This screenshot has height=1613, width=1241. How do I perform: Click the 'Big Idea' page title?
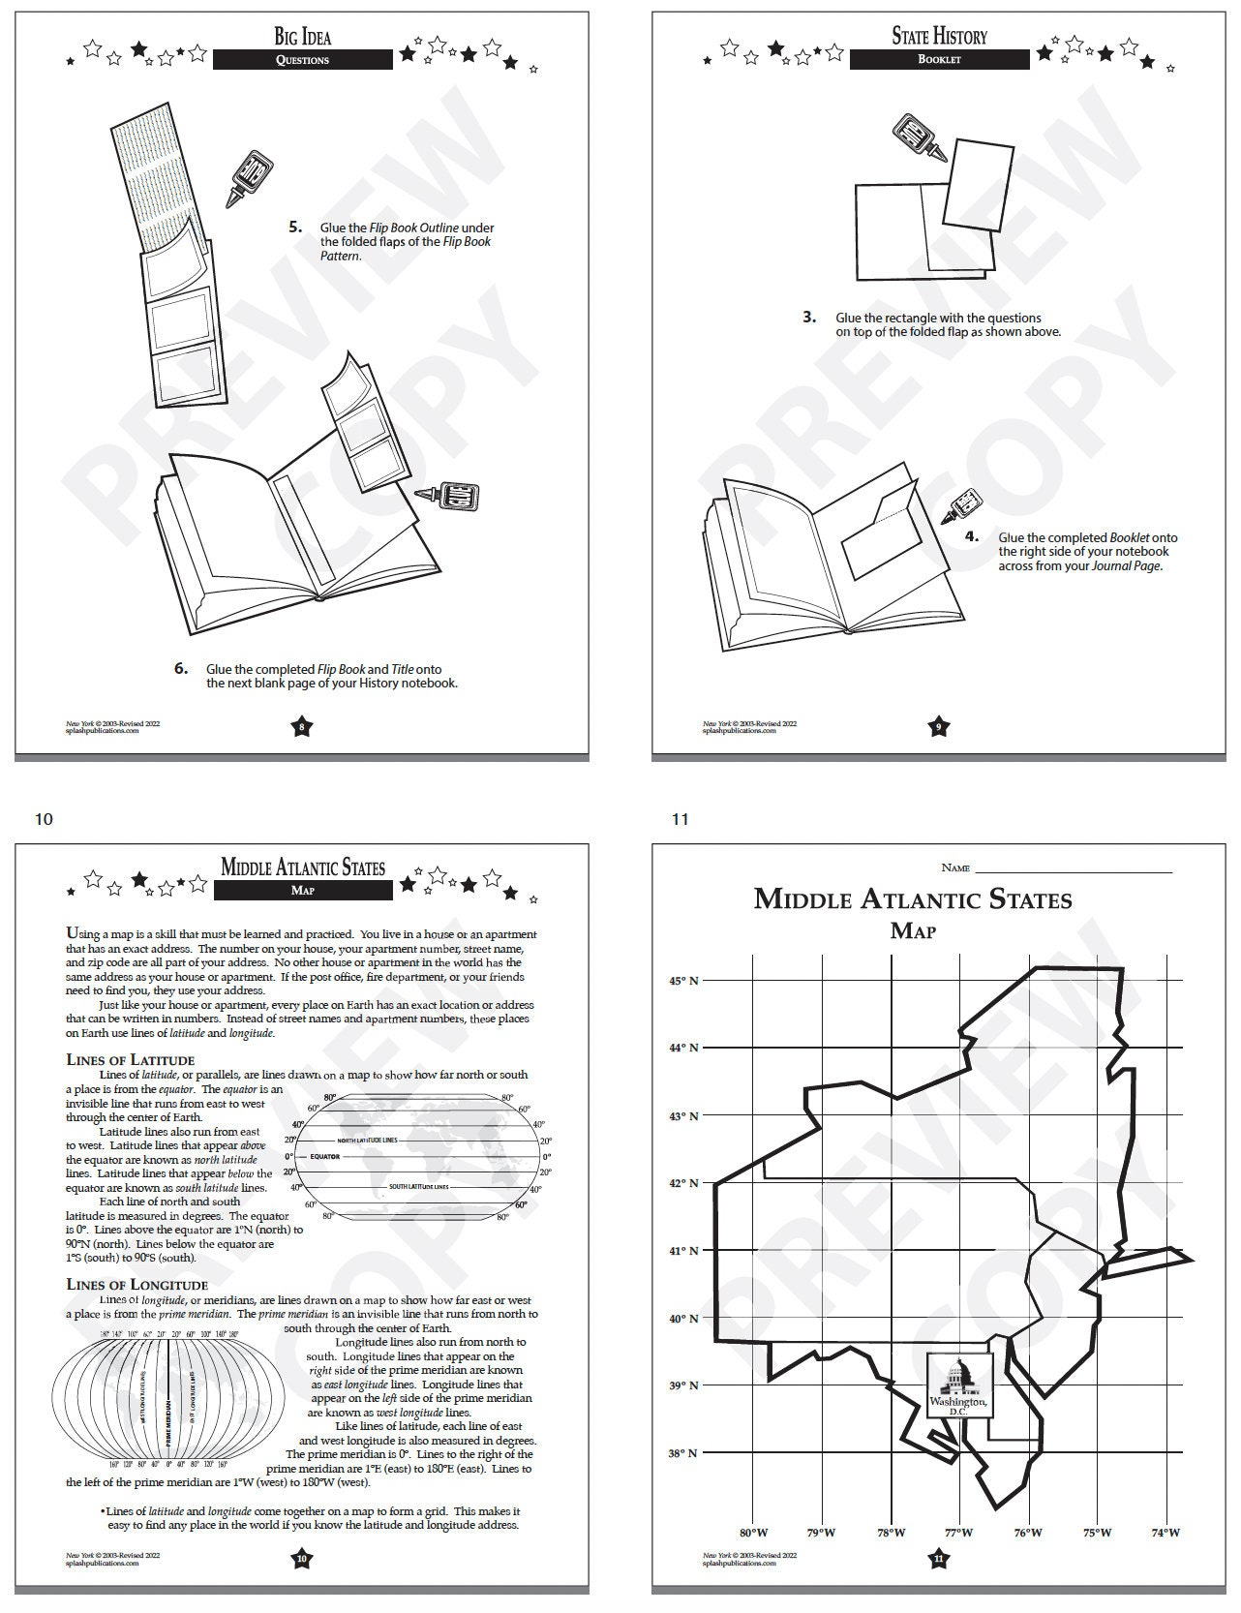[x=302, y=37]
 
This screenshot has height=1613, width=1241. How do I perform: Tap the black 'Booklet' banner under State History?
[x=939, y=59]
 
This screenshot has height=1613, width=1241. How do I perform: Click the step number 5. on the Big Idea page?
[x=295, y=228]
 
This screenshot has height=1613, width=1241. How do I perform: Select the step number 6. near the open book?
[x=181, y=668]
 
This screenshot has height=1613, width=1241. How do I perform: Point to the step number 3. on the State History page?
[x=809, y=317]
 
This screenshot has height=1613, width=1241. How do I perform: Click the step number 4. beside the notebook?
[x=972, y=536]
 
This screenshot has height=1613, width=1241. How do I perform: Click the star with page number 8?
[x=302, y=727]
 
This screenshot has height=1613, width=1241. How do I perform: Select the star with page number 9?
[x=938, y=727]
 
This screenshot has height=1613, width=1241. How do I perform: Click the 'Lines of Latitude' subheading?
[x=130, y=1059]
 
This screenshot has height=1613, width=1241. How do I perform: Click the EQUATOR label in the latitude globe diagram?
[x=324, y=1156]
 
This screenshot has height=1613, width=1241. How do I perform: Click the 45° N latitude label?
[x=683, y=981]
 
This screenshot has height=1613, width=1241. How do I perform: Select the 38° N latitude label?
[x=683, y=1453]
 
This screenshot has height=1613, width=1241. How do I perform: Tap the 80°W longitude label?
[x=754, y=1533]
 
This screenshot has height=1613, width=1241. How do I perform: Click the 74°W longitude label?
[x=1165, y=1533]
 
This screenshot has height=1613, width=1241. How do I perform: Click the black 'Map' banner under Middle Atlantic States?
[x=303, y=891]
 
